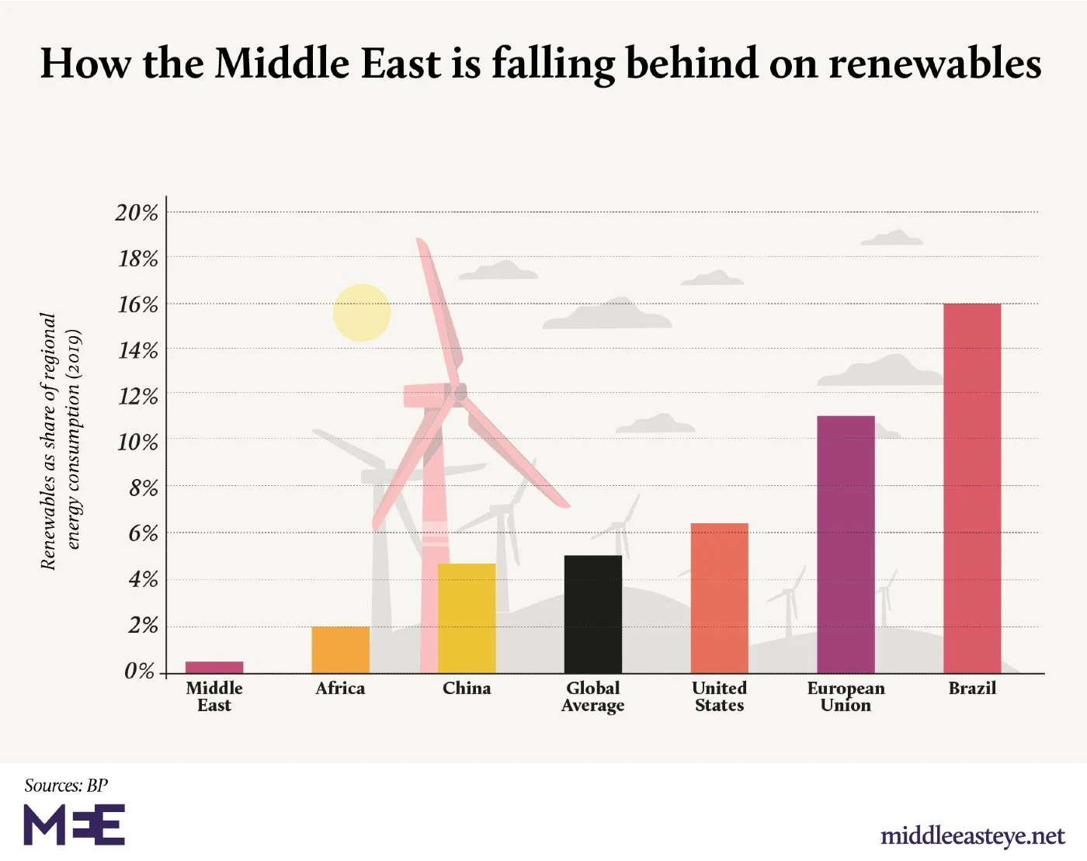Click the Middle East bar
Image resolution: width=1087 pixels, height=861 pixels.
pos(214,667)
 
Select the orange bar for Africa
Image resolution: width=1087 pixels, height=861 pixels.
pos(340,650)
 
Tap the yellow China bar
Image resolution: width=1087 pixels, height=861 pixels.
pos(467,618)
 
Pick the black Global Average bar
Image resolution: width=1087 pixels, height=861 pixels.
pos(593,614)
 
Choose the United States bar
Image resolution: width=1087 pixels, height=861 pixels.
pos(720,598)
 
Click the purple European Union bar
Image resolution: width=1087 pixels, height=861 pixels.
pos(846,544)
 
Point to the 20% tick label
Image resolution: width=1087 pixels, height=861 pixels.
pos(137,213)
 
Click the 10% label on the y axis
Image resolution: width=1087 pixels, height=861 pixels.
pos(137,443)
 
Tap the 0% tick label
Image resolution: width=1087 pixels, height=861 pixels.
pos(140,672)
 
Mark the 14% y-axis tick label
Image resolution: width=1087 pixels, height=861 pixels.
pos(137,351)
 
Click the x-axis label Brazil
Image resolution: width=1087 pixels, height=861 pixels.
pos(972,689)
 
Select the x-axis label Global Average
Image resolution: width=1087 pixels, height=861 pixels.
pos(593,696)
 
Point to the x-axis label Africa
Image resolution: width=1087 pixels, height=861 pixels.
pos(340,689)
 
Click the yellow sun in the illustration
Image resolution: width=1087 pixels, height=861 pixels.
pos(362,313)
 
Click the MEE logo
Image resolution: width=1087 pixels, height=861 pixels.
pos(75,825)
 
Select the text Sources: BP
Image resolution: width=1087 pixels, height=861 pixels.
pos(66,786)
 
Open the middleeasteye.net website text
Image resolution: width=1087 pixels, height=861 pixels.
pos(972,836)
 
